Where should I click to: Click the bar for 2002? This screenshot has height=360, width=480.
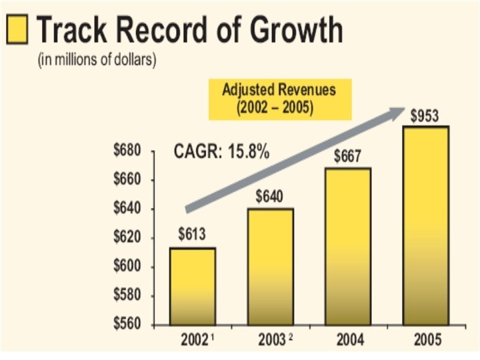tap(192, 287)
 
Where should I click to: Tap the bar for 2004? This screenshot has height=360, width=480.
tap(347, 247)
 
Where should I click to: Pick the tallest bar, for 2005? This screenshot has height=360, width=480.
tap(425, 227)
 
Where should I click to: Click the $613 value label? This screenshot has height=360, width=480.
tap(192, 235)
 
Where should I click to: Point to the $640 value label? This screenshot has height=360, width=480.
tap(269, 196)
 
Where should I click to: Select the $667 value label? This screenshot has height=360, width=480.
tap(347, 157)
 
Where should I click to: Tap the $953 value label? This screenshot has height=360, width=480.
tap(424, 117)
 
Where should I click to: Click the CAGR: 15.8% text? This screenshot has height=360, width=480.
tap(222, 153)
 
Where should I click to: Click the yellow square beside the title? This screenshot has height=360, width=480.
tap(17, 30)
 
